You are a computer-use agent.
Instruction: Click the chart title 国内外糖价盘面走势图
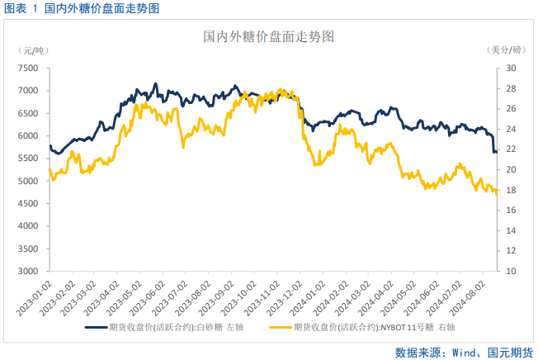click(268, 37)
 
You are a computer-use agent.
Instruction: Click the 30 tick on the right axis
click(511, 69)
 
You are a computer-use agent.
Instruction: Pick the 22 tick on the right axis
click(511, 149)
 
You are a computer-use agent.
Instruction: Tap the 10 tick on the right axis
click(511, 271)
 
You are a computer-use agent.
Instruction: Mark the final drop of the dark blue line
click(493, 144)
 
